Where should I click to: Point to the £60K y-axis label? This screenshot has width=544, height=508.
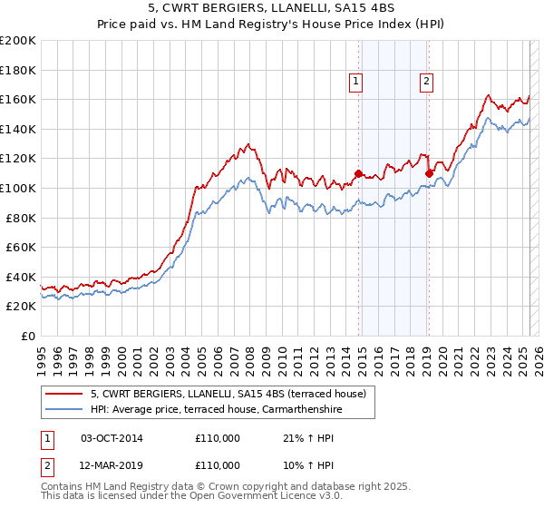20,248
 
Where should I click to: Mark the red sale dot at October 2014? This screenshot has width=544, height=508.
358,172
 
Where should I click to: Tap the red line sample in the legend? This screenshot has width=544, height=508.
65,394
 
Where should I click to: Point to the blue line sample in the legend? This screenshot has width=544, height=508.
65,409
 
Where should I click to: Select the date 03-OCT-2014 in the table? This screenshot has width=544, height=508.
112,439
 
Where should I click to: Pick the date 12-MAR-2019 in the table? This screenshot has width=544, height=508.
112,464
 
